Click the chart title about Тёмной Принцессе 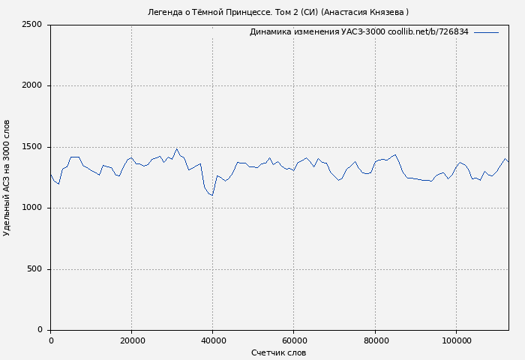278,12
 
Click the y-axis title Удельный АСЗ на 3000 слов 7,178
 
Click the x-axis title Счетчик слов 278,352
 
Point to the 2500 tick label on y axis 32,25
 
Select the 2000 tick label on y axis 32,85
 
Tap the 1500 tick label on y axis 32,147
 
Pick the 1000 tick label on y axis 32,208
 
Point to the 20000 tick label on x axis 131,340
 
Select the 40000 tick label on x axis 212,340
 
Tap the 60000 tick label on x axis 293,340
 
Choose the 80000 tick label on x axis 375,340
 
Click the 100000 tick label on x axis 456,340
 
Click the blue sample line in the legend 486,32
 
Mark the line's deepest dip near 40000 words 212,195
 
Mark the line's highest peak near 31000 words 177,148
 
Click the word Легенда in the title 165,12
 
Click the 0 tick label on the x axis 51,340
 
